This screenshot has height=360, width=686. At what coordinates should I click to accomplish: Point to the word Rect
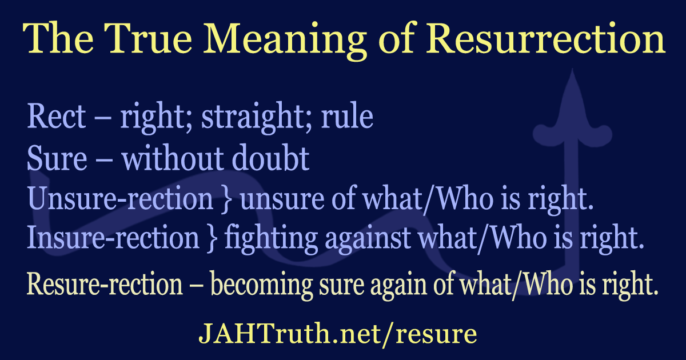[56, 117]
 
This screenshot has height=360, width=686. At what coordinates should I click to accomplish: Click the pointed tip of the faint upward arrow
[569, 73]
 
